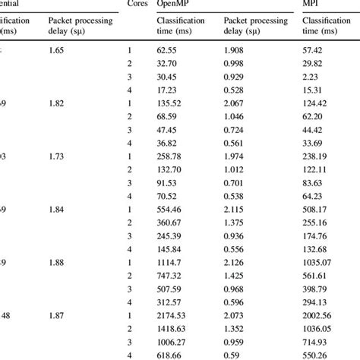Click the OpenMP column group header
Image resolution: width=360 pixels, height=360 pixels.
pos(172,6)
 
